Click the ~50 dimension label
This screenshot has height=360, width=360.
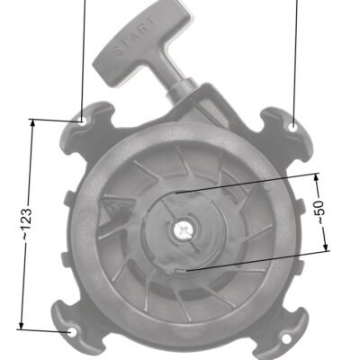click(320, 212)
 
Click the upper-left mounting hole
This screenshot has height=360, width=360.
click(81, 121)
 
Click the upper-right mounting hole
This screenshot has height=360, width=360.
click(293, 127)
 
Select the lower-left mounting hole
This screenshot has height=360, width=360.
click(73, 332)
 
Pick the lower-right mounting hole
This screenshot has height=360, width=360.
click(286, 339)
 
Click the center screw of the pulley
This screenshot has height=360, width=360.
click(182, 230)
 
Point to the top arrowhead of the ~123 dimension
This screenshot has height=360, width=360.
click(32, 124)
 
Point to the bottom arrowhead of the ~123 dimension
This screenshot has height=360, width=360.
click(21, 325)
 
